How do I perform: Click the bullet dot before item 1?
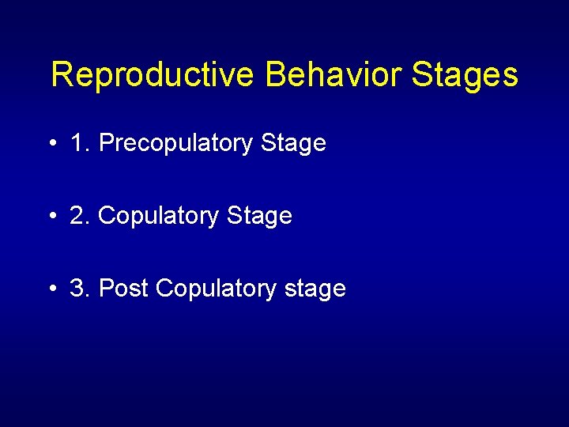(51, 144)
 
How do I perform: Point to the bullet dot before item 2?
(51, 217)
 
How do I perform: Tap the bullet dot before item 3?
(51, 289)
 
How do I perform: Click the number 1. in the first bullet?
(80, 143)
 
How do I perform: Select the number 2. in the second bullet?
(80, 216)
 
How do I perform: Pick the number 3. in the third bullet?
(80, 289)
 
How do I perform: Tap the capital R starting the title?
(61, 76)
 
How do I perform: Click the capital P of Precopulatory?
(107, 143)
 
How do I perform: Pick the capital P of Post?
(105, 289)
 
